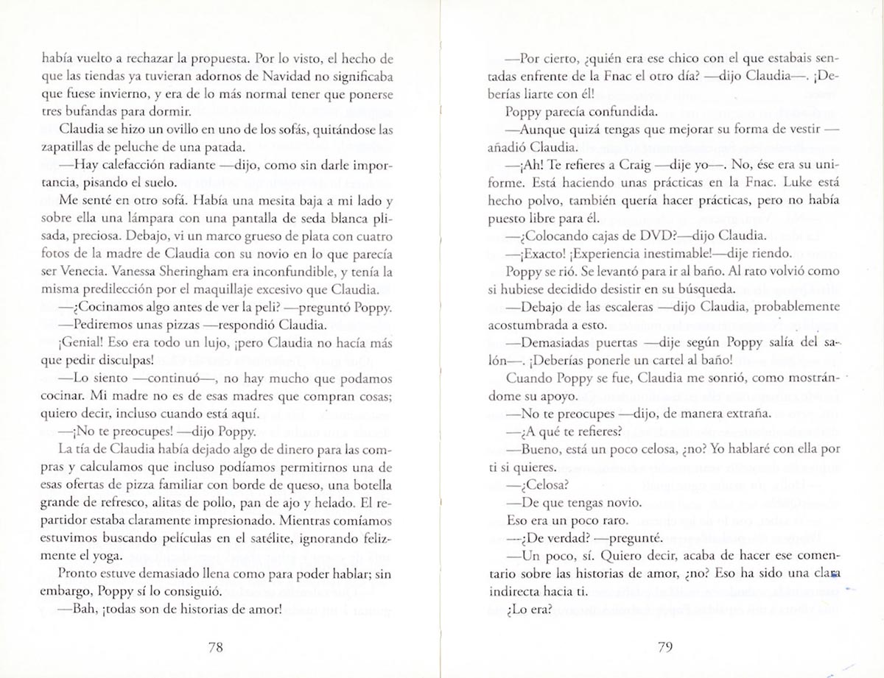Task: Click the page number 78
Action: [215, 648]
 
